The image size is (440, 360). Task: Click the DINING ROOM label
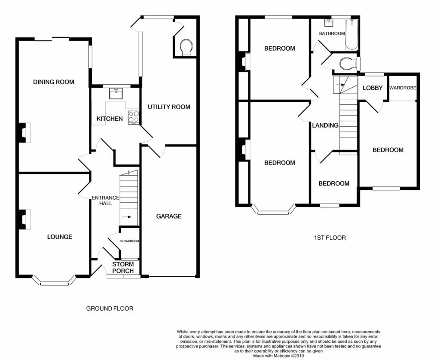[x=54, y=82]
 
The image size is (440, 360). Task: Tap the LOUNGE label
[x=59, y=237]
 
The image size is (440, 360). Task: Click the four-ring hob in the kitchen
[x=134, y=118]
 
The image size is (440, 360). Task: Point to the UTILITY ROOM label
[x=169, y=107]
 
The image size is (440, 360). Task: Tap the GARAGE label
[x=169, y=216]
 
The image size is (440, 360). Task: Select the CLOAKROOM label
[x=129, y=241]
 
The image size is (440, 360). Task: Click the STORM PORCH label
[x=123, y=267]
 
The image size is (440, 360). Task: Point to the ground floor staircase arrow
[x=127, y=217]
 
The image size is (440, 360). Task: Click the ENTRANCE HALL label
[x=106, y=201]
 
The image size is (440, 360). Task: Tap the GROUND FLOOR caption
[x=110, y=308]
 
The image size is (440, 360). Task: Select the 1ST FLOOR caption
[x=330, y=238]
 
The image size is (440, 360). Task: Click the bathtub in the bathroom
[x=351, y=34]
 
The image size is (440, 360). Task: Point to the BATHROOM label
[x=332, y=34]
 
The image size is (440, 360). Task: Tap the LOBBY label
[x=373, y=88]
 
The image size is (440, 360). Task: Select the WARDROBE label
[x=403, y=88]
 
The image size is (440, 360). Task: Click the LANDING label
[x=325, y=125]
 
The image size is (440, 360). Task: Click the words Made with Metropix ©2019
[x=278, y=356]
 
